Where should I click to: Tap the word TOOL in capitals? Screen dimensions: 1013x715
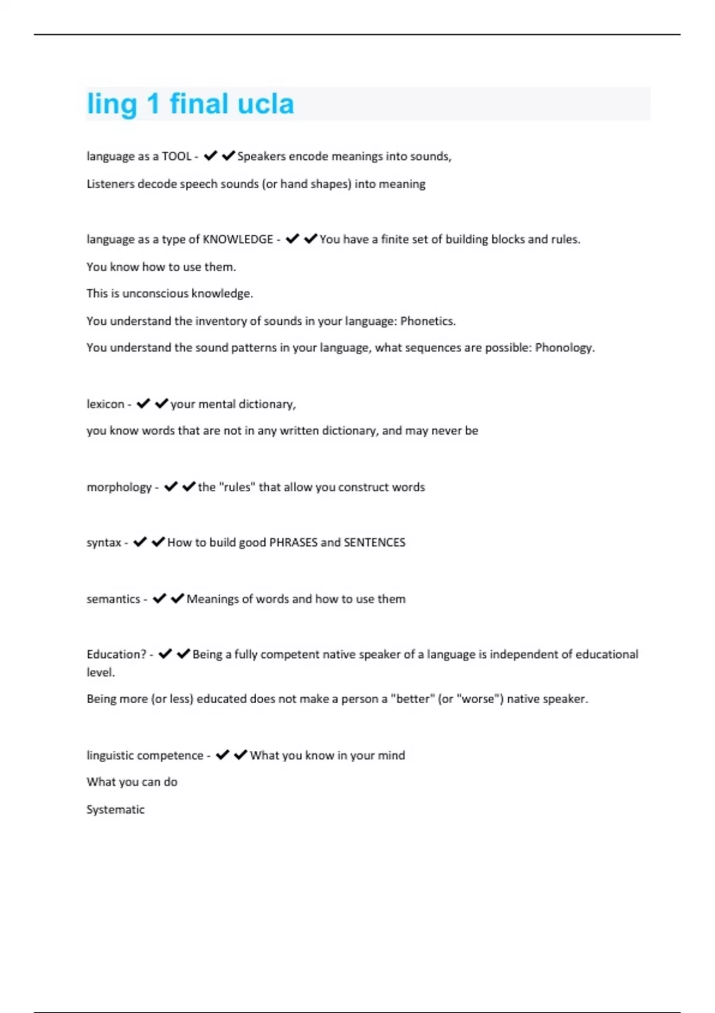coord(176,156)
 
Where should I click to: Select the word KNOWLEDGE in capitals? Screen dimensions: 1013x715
coord(238,239)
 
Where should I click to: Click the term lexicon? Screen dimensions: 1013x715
coord(105,404)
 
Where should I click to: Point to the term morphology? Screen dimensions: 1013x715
coord(119,487)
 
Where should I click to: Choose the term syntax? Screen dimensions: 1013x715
coord(104,543)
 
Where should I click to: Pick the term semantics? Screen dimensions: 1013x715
coord(113,599)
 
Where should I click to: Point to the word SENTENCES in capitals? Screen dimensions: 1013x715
coord(375,543)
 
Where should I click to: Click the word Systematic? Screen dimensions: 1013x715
coord(116,809)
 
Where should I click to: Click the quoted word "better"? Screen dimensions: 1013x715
coord(412,699)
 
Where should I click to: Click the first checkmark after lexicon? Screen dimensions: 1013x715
coord(143,404)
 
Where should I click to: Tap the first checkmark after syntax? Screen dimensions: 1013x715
coord(140,542)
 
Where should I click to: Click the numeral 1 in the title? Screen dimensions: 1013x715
coord(153,104)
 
